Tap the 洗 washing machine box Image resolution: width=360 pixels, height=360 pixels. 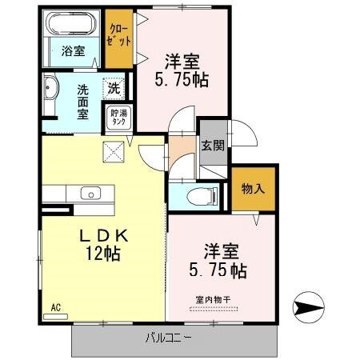(x=114, y=88)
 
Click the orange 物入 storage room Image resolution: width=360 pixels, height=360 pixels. (x=253, y=188)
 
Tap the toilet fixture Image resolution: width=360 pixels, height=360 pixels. (x=195, y=196)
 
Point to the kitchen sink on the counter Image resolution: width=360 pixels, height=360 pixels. (x=90, y=192)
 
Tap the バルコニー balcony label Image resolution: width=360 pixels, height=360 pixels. (x=168, y=338)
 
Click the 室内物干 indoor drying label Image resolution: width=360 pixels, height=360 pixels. (x=210, y=300)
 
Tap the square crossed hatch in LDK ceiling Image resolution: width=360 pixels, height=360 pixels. (x=113, y=150)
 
